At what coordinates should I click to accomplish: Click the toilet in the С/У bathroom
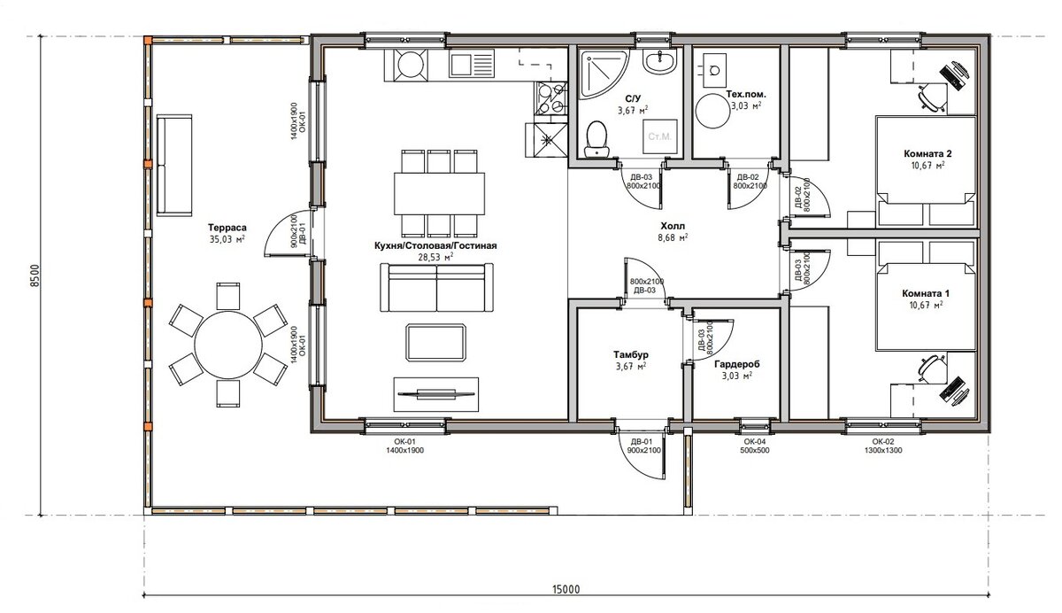[596, 138]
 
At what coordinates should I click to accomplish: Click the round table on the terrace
[228, 345]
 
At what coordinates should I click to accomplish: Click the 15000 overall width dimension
[566, 589]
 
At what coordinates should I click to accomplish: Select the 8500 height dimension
[35, 275]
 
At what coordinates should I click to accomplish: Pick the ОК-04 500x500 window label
[755, 446]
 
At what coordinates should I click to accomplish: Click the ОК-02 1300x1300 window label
[883, 446]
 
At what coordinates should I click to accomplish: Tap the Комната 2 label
[927, 154]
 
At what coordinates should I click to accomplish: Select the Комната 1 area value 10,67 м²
[926, 305]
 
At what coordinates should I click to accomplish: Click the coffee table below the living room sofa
[435, 343]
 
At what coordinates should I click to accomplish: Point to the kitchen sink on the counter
[472, 65]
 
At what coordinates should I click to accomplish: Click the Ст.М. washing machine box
[660, 136]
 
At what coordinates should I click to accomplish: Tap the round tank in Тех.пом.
[712, 111]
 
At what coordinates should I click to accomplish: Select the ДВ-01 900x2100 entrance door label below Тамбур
[643, 446]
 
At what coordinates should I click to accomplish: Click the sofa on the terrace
[174, 165]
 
